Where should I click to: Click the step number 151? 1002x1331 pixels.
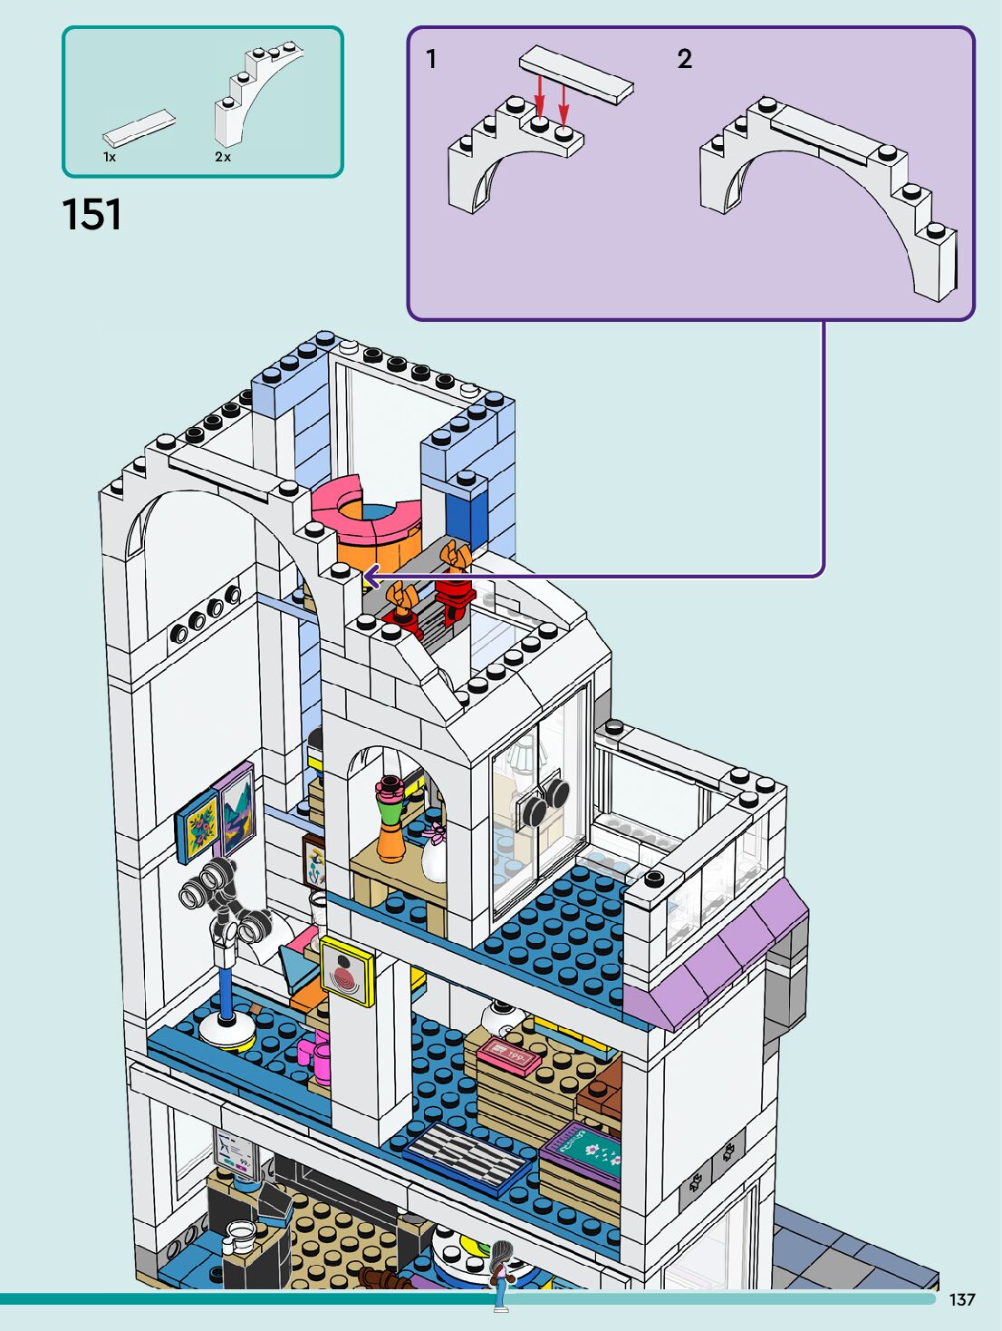(x=92, y=216)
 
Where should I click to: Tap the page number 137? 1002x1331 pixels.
(x=962, y=1299)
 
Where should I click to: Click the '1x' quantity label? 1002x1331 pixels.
(x=110, y=157)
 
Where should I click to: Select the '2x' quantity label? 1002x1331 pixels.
(x=223, y=157)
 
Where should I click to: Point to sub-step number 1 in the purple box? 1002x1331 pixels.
(x=431, y=59)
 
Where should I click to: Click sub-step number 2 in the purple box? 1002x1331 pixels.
(x=685, y=59)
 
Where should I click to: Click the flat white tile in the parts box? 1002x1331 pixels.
(x=139, y=128)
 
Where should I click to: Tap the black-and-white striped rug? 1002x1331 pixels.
(x=467, y=1154)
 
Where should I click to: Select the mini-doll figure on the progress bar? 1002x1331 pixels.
(x=500, y=1275)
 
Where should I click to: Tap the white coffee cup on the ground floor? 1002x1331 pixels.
(x=239, y=1236)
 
